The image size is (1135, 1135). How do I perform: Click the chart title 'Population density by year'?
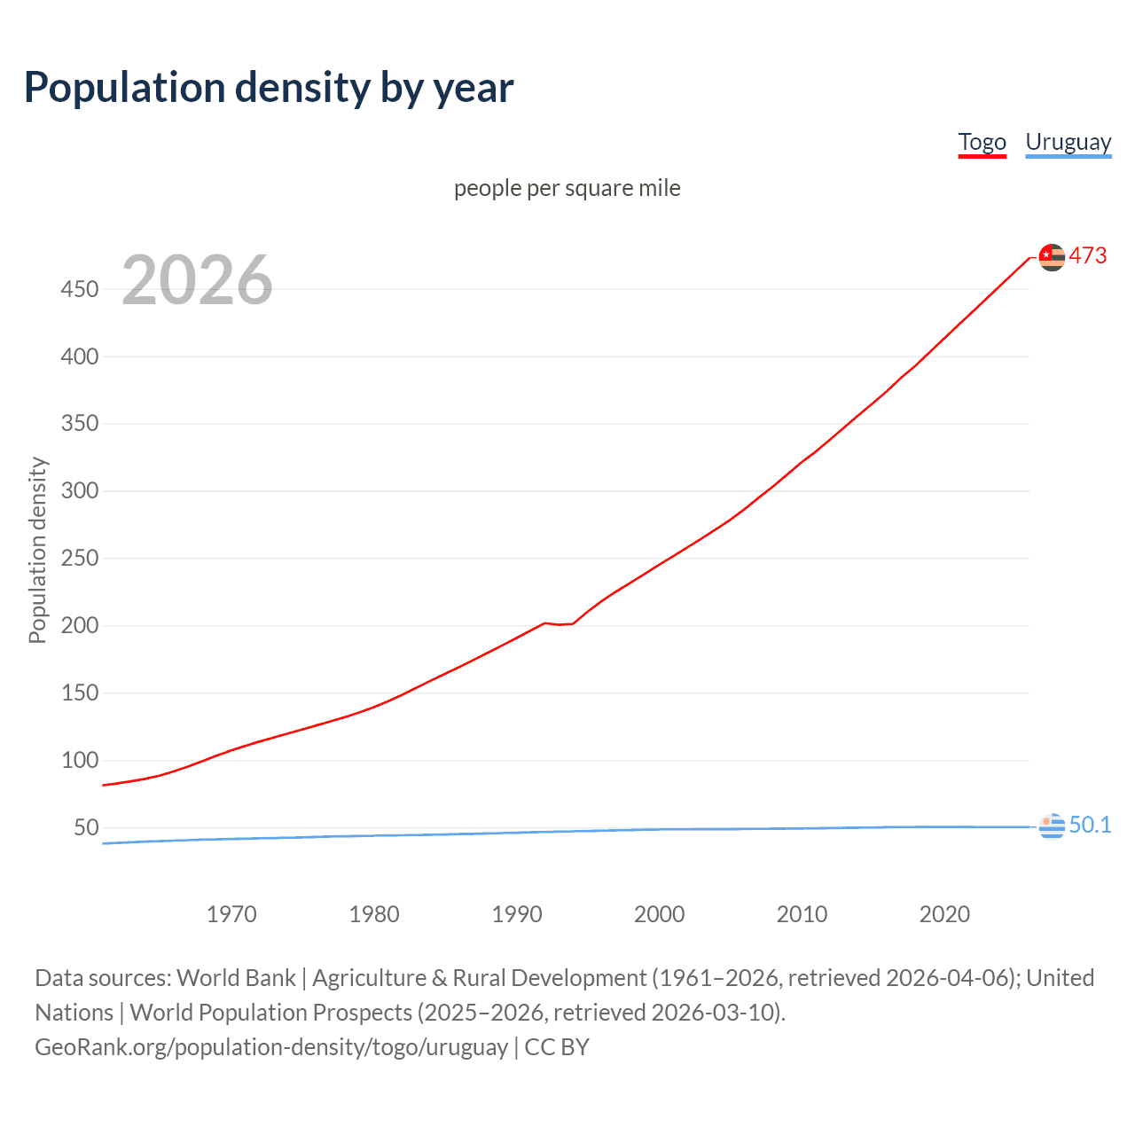(269, 87)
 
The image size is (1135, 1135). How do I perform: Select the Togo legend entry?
(982, 142)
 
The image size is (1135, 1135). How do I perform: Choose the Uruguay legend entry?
(1068, 142)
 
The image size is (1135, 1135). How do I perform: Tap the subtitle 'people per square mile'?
(567, 188)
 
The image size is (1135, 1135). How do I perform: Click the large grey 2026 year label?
(197, 280)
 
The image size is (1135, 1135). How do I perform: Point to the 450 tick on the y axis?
(79, 289)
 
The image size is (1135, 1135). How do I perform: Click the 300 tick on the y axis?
(79, 490)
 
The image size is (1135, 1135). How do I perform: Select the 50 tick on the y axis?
(86, 827)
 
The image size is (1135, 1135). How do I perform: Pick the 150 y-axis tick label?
(79, 693)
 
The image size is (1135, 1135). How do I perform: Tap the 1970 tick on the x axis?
(231, 914)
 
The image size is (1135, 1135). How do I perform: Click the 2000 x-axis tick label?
(659, 914)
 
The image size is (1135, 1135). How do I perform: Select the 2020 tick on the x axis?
(944, 914)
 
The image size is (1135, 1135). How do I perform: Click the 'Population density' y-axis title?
(37, 550)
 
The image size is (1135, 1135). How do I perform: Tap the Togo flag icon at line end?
(1052, 257)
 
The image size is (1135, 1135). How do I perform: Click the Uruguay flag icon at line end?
(1052, 826)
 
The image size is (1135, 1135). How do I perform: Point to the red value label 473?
(1088, 256)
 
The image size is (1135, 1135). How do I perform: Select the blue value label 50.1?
(1090, 826)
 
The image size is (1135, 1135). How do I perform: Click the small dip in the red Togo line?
(560, 624)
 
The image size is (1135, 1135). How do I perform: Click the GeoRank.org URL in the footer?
(271, 1047)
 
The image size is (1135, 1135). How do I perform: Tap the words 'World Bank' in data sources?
(236, 978)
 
